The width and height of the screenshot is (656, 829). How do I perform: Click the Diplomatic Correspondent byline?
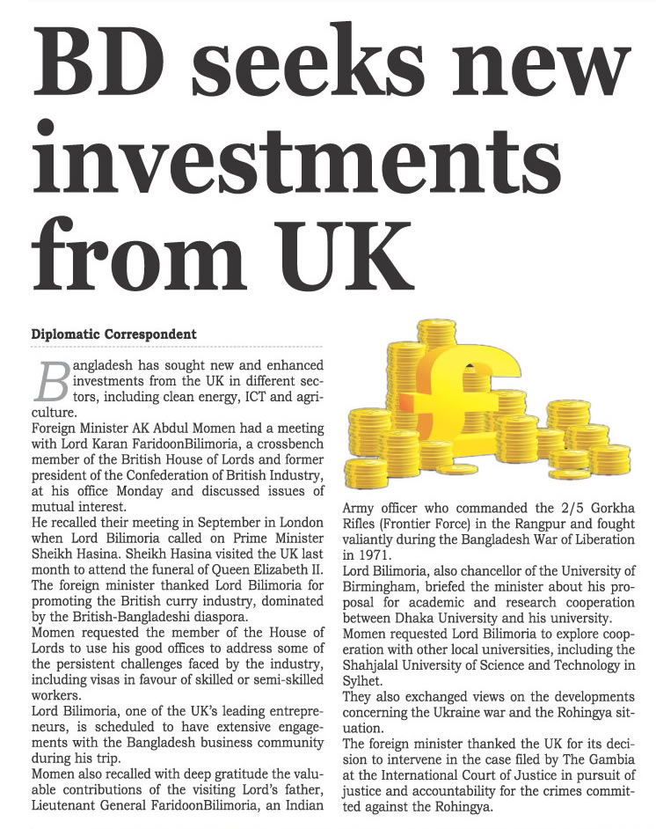click(113, 334)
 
